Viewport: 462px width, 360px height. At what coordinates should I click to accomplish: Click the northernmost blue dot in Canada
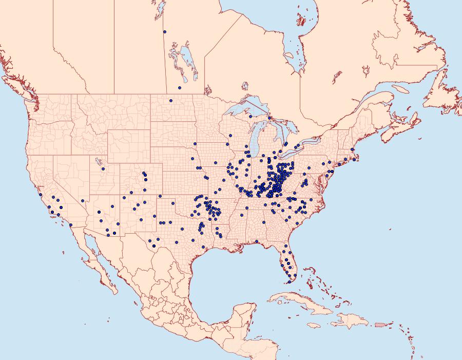pos(165,32)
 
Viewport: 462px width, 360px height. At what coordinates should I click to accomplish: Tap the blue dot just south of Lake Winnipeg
pos(180,88)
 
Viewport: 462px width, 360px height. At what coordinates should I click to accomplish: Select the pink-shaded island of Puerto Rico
pos(380,324)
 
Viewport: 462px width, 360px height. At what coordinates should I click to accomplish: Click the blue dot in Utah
pos(103,168)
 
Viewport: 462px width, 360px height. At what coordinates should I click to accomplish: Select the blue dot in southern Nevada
pos(82,201)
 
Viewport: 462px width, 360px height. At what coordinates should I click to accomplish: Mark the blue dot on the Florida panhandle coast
pos(256,241)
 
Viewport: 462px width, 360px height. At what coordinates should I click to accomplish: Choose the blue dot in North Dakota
pos(170,100)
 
